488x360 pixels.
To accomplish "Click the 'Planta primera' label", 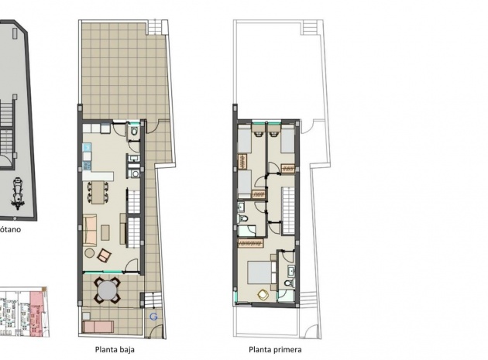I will (x=274, y=349).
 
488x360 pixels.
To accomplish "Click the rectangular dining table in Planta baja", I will (x=98, y=190).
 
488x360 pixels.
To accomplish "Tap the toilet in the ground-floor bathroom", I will (x=134, y=132).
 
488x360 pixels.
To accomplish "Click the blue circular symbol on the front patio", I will (x=153, y=317).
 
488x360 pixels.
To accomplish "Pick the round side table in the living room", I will (x=90, y=253).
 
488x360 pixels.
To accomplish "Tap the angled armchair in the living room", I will (x=103, y=253).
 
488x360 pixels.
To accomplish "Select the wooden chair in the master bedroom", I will (x=263, y=294).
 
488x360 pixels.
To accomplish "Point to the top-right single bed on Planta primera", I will (x=286, y=142).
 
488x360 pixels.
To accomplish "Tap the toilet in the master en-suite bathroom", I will (x=288, y=284).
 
